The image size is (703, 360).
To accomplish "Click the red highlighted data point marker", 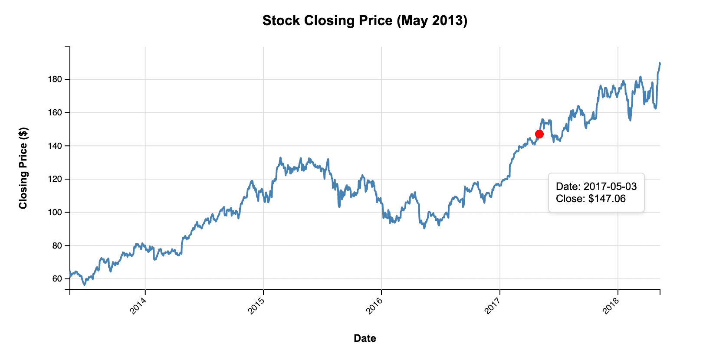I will pos(539,134).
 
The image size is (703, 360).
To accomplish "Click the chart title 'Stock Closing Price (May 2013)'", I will pos(365,20).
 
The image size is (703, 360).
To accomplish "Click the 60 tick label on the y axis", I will pos(57,279).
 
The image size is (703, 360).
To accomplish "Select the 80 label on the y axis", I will pos(57,245).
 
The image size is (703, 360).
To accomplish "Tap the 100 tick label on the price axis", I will pos(56,213).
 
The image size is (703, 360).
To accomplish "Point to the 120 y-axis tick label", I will pos(56,179).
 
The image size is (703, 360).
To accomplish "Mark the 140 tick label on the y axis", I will pos(56,146).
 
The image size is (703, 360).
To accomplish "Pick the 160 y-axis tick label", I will pos(56,113).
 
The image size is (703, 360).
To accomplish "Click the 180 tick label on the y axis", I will pos(56,79).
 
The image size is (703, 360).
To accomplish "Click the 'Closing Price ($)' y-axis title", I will pos(23,168).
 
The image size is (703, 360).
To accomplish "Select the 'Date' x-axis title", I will pos(365,338).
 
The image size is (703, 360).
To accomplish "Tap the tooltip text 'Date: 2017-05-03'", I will pos(596,187).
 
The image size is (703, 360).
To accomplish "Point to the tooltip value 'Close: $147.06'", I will pos(591,199).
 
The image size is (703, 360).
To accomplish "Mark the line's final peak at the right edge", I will pos(660,63).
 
